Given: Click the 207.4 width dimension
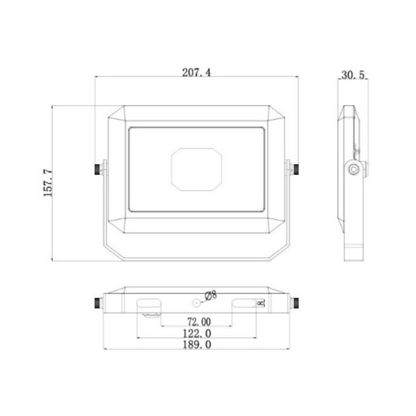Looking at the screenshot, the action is click(x=196, y=72).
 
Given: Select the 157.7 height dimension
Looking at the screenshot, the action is click(x=48, y=183).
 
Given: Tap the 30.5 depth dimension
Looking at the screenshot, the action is click(x=353, y=75).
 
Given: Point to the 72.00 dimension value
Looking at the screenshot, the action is click(x=199, y=322).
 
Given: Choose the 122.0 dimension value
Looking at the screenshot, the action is click(x=197, y=333).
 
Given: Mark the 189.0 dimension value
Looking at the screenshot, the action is click(x=197, y=344).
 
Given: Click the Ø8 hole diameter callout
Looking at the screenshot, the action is click(x=211, y=296).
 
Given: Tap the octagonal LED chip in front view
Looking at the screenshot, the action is click(x=196, y=169).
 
